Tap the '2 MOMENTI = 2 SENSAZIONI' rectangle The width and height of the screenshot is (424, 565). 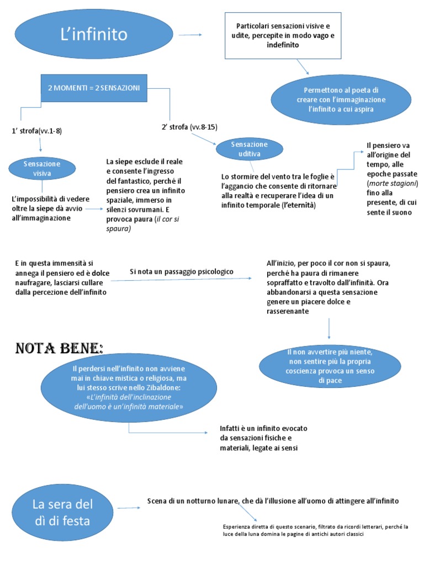point(94,88)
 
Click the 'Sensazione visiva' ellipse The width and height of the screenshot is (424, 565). point(43,167)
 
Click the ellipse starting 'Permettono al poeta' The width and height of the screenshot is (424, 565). point(341,99)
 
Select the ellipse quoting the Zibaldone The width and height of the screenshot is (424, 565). point(128,387)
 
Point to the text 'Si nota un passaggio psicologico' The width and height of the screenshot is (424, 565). point(182,271)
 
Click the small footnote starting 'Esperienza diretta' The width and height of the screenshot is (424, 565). point(315,530)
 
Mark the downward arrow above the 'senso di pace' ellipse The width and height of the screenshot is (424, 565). point(329,329)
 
